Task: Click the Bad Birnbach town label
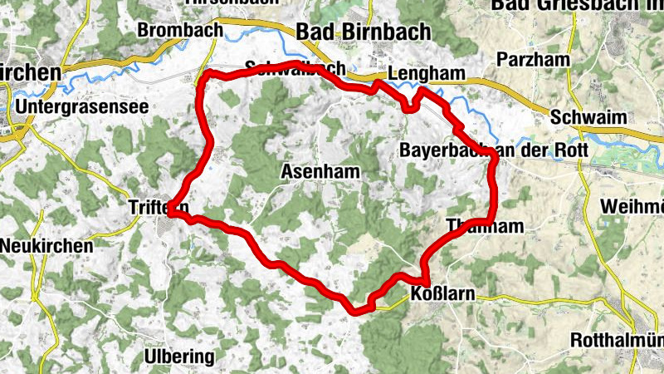(x=363, y=32)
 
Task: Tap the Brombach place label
(x=180, y=31)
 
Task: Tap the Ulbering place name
(x=179, y=357)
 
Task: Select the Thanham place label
(x=485, y=225)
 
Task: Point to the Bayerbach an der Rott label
(x=493, y=150)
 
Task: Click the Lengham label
(x=426, y=74)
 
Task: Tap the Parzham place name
(x=530, y=59)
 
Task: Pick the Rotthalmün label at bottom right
(x=618, y=340)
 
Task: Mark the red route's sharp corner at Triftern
(x=170, y=214)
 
